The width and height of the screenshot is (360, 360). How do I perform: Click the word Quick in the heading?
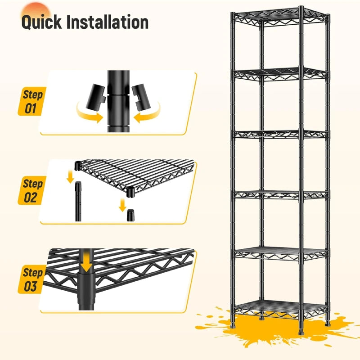tap(41, 22)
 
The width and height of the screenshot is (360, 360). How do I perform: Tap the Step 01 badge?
tap(32, 101)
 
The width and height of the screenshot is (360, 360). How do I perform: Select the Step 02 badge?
tap(32, 190)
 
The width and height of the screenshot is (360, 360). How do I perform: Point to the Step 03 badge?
tap(32, 279)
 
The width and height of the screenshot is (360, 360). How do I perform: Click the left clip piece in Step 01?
tap(96, 96)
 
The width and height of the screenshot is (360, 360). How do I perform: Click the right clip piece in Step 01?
tap(141, 97)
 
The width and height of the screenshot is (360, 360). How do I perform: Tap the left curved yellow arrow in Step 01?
tap(88, 114)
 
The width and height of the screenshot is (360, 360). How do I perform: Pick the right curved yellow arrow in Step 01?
tap(148, 114)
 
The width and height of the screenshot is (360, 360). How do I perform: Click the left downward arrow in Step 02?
tap(70, 177)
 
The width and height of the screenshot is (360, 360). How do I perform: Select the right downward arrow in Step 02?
tap(122, 205)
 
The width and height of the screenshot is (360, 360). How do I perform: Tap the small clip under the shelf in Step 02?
tap(130, 215)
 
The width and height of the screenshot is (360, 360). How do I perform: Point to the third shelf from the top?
tap(280, 134)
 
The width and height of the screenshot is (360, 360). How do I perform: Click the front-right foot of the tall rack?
tap(301, 331)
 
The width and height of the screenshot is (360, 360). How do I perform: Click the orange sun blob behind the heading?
tap(36, 12)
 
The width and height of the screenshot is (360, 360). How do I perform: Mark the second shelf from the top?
tap(280, 74)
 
